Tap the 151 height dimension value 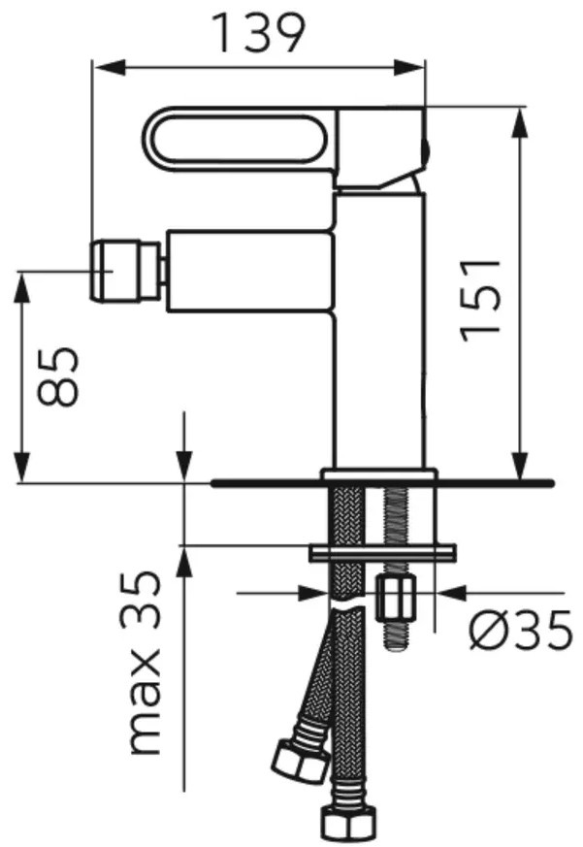pos(480,301)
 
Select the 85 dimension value pos(58,376)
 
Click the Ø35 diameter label pos(520,630)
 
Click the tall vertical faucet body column pos(379,330)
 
